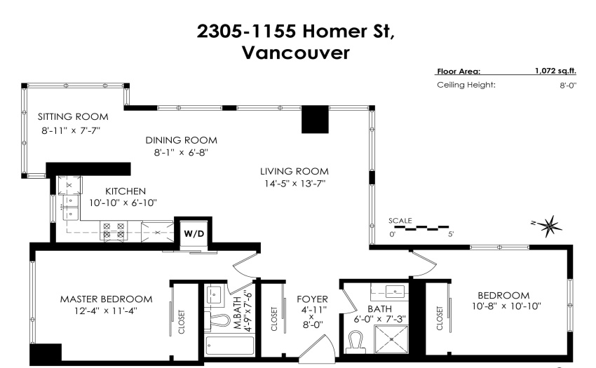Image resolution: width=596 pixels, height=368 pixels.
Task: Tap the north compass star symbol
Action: coord(549,226)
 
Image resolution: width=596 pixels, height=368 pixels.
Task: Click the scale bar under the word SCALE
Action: coord(421,228)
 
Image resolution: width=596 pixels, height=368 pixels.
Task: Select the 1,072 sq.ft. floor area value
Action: coord(555,71)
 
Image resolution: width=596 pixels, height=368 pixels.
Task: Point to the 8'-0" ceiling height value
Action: coord(568,85)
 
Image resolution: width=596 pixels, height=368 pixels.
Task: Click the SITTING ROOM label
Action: coord(73,117)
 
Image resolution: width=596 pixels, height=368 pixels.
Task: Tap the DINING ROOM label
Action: coord(182,140)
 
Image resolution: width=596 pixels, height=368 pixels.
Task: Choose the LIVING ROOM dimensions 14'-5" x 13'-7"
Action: coord(295,184)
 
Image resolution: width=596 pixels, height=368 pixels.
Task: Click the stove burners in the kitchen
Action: coord(114,231)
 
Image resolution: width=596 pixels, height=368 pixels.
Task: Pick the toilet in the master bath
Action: coord(217,320)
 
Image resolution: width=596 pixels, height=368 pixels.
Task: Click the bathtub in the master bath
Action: coord(229,345)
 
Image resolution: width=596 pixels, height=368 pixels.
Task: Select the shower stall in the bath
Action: coord(391,339)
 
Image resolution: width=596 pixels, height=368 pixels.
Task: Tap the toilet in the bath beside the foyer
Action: coord(356,341)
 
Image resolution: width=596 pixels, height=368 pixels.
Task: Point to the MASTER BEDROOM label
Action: coord(107,299)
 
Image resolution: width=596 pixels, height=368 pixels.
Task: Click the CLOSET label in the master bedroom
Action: coord(182,322)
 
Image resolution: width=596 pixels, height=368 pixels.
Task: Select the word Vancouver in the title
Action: coord(296,53)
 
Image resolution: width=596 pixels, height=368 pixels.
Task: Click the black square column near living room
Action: coord(315,120)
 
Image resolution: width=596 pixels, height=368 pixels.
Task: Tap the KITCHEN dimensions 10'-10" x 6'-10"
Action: coord(123,203)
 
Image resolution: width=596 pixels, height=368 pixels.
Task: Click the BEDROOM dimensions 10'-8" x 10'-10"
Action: coord(506,306)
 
